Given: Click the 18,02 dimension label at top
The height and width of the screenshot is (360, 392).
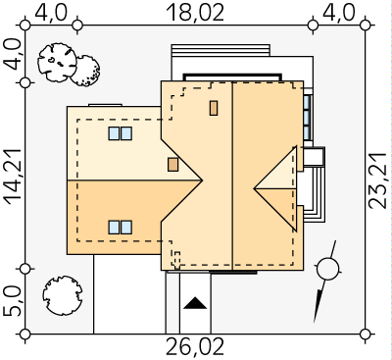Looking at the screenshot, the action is [x=195, y=13].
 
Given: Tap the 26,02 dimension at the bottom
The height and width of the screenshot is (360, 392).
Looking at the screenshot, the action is [x=195, y=347].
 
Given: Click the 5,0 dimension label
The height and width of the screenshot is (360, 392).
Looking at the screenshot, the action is [x=13, y=301].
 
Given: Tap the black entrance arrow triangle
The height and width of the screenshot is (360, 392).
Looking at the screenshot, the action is [x=195, y=303].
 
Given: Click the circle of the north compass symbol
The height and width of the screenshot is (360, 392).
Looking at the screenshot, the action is [x=327, y=269].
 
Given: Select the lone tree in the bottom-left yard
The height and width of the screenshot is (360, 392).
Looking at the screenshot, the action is [x=63, y=295].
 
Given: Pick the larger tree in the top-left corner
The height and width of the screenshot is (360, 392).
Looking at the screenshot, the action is [x=57, y=62].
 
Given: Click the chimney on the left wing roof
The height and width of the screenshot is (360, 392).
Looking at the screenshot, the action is [x=172, y=165].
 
